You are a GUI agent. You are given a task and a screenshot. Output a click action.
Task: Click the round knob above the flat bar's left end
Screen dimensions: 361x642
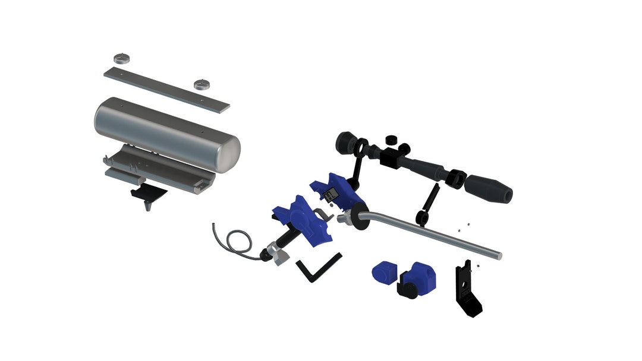click(121, 58)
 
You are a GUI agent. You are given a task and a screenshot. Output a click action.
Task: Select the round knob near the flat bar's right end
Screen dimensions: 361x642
click(203, 84)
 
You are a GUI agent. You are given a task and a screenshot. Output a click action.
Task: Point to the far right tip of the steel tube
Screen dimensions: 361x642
click(499, 256)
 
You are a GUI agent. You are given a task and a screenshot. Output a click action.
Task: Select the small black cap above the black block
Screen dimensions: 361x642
click(391, 141)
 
